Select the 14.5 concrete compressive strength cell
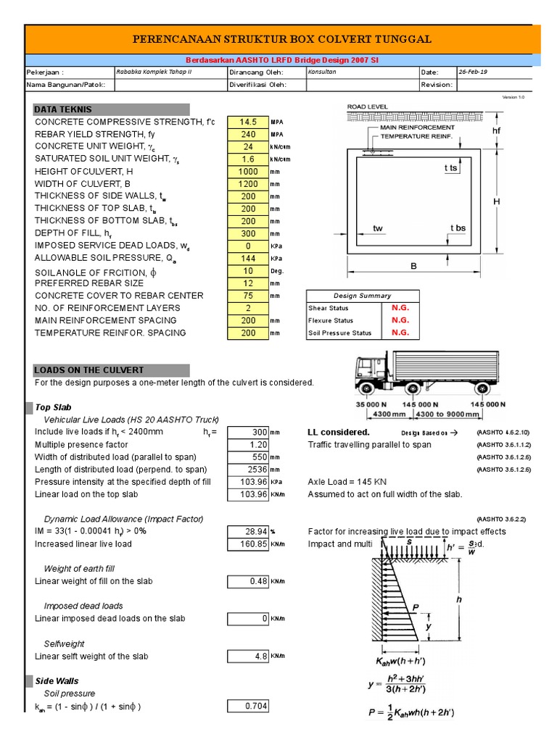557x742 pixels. click(x=247, y=122)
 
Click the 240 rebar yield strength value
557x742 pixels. click(x=247, y=134)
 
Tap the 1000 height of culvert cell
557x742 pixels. click(x=247, y=172)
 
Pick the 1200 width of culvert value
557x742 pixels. click(x=247, y=184)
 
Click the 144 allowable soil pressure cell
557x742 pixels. click(x=247, y=258)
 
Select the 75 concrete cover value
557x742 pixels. click(x=247, y=296)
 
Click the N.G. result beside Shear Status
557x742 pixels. click(x=400, y=308)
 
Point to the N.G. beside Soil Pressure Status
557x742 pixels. click(x=400, y=333)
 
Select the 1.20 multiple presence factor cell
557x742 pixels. click(x=247, y=445)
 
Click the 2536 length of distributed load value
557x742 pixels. click(x=247, y=470)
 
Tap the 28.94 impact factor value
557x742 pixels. click(x=247, y=532)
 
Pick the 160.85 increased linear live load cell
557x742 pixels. click(x=247, y=544)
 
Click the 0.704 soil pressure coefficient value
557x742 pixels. click(x=247, y=706)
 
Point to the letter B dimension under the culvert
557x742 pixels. click(x=415, y=267)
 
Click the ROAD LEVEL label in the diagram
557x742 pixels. click(x=368, y=107)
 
